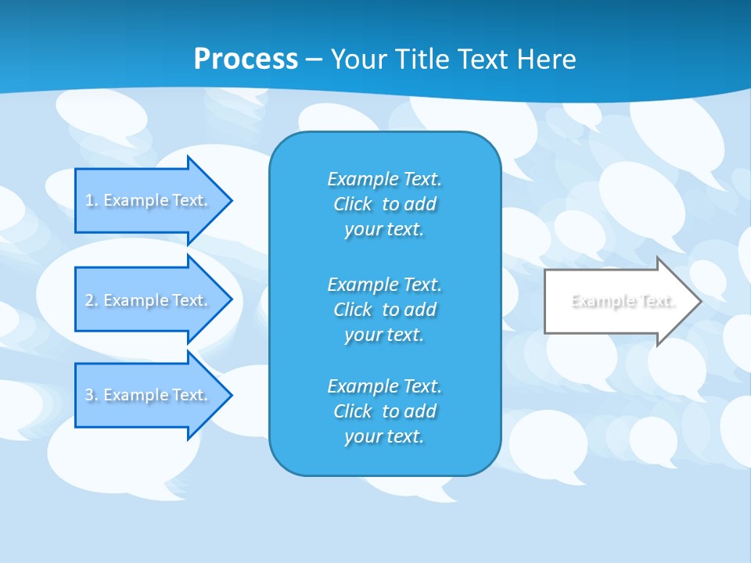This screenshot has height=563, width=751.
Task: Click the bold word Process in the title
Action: [246, 59]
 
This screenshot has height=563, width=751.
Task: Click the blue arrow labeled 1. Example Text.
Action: [149, 200]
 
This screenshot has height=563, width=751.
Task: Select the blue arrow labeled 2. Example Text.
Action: [149, 300]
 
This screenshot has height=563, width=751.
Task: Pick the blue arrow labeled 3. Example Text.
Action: [149, 395]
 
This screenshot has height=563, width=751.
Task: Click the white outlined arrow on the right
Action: [618, 301]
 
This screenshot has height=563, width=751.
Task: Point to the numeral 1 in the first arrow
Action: [89, 200]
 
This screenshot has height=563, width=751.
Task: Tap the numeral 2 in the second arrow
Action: [89, 300]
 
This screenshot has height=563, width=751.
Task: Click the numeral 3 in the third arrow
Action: [89, 395]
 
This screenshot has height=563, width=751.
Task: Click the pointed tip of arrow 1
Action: [229, 200]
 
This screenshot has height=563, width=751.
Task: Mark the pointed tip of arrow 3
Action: [229, 395]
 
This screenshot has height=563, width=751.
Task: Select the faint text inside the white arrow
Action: [623, 301]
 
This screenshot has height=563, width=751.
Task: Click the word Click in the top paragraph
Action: [353, 204]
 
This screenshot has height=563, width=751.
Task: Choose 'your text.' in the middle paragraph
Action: [384, 335]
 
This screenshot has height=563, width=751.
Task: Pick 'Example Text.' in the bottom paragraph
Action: [384, 386]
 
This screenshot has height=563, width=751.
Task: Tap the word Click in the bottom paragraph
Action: [353, 411]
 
